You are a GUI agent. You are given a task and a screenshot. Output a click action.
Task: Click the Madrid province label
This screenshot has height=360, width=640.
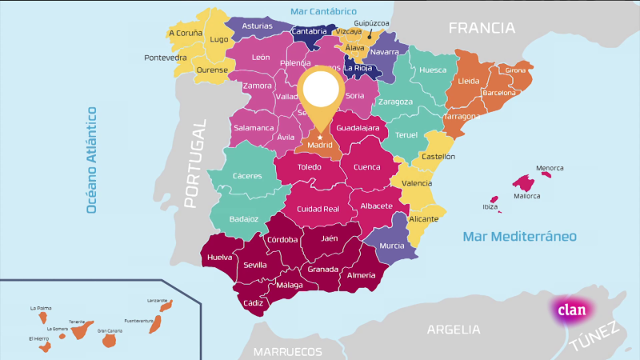(x=320, y=146)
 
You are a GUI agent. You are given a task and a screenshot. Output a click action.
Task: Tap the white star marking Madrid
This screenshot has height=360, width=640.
(x=320, y=137)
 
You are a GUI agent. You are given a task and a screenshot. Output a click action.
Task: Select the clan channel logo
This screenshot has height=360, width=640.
(x=571, y=310)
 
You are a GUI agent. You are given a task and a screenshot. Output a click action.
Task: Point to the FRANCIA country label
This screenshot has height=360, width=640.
(x=481, y=28)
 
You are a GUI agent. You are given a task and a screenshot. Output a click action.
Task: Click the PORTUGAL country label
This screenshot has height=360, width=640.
(x=195, y=163)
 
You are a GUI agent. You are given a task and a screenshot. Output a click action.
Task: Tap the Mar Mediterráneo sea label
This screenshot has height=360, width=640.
(x=519, y=237)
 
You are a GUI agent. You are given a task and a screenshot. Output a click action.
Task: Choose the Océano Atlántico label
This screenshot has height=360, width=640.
(x=92, y=160)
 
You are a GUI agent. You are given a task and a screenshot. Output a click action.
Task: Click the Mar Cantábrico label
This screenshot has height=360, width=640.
(x=323, y=11)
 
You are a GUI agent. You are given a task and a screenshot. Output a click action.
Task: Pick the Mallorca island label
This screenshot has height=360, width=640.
(x=526, y=196)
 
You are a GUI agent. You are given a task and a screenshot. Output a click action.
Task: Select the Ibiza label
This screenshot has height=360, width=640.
(x=490, y=207)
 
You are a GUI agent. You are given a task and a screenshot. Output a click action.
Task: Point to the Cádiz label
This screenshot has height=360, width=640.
(x=253, y=303)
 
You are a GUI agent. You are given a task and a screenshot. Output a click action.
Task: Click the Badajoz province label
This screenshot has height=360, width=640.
(x=243, y=218)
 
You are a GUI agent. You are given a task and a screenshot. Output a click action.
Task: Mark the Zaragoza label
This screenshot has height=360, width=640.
(x=395, y=102)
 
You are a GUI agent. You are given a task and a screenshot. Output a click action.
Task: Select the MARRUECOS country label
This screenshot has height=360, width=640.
(x=287, y=351)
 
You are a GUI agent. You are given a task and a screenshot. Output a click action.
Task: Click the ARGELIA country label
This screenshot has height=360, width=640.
(x=454, y=329)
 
